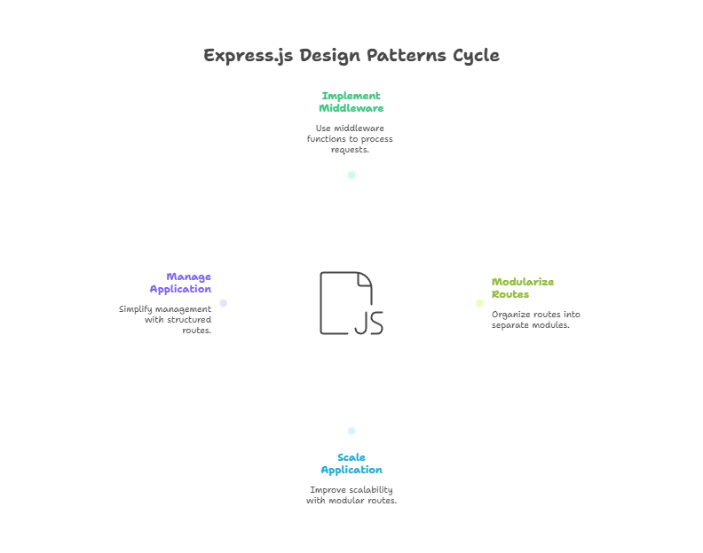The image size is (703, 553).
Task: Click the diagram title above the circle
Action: tap(351, 55)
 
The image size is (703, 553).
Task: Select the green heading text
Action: tap(351, 100)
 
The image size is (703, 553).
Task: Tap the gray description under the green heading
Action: tap(351, 138)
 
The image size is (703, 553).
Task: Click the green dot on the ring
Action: tap(351, 175)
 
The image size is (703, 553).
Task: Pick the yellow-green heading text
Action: tap(525, 288)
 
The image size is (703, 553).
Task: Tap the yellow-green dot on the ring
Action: tap(479, 303)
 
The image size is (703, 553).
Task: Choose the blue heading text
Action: tap(351, 463)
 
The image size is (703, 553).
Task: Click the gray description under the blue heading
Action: tap(351, 496)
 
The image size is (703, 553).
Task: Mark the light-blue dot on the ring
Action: tap(351, 432)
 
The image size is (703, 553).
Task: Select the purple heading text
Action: tap(181, 283)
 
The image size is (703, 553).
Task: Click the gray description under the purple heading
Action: tap(165, 320)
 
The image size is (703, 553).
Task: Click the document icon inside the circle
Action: tap(351, 303)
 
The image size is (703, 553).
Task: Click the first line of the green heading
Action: tap(351, 93)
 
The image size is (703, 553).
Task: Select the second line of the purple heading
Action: tap(181, 289)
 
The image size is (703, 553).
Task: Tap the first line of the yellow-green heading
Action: tap(525, 282)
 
